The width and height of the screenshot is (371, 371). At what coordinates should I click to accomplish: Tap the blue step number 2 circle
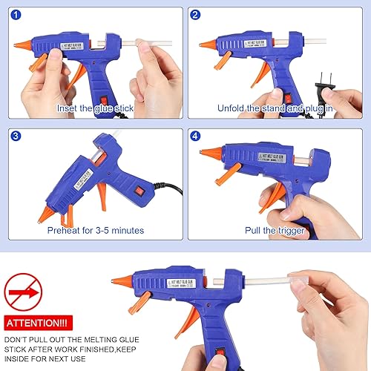click(195, 15)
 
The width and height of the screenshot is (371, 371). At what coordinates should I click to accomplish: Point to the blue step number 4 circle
click(195, 137)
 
